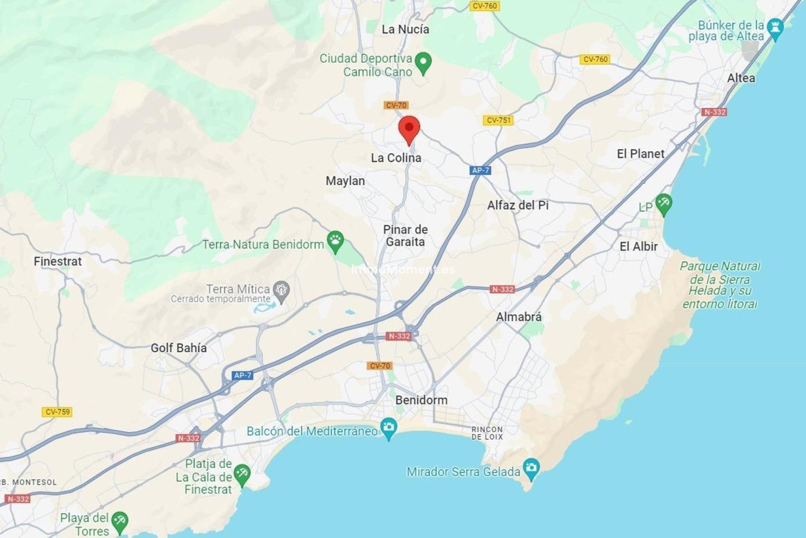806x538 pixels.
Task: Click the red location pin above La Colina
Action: pyautogui.click(x=409, y=129)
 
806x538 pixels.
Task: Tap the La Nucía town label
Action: pyautogui.click(x=405, y=29)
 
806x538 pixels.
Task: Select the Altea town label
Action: pyautogui.click(x=741, y=78)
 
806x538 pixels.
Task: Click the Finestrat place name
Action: pyautogui.click(x=58, y=261)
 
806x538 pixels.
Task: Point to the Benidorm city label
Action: pyautogui.click(x=421, y=400)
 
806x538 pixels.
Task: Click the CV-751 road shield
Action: pyautogui.click(x=498, y=120)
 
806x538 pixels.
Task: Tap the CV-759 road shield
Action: pyautogui.click(x=57, y=412)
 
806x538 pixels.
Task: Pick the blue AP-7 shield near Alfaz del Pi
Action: pyautogui.click(x=480, y=170)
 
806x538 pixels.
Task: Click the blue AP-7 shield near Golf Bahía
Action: pyautogui.click(x=243, y=375)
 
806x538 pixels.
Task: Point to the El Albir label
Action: pyautogui.click(x=638, y=247)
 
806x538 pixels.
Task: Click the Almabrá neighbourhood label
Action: pyautogui.click(x=518, y=317)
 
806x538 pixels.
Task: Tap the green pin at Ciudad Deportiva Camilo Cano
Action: pyautogui.click(x=423, y=62)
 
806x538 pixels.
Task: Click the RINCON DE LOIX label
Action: pyautogui.click(x=487, y=433)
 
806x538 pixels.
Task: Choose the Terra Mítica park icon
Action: pyautogui.click(x=281, y=290)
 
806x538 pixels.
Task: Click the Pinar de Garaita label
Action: pyautogui.click(x=405, y=236)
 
